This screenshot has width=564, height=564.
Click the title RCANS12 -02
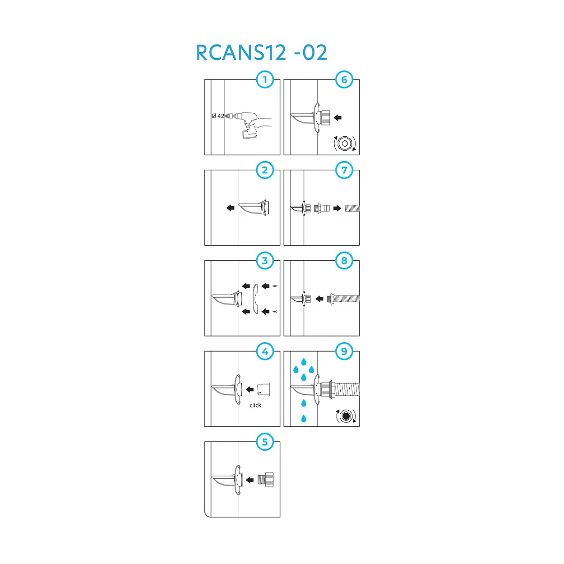[x=261, y=53]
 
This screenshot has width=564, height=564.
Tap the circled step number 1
[x=265, y=80]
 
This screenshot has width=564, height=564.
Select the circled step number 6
[x=344, y=80]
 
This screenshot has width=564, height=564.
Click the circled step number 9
[x=344, y=352]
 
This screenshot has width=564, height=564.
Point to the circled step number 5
[x=265, y=442]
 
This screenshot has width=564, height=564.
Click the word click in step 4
[x=255, y=405]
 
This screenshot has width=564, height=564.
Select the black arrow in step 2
[x=230, y=207]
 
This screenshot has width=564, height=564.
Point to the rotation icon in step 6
[x=345, y=144]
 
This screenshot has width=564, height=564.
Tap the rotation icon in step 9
[x=346, y=416]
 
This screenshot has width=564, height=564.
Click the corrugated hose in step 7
[x=352, y=208]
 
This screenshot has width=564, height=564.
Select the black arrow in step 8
[x=320, y=298]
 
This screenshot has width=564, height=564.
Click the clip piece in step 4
[x=265, y=389]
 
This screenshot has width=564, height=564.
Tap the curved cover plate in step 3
[x=255, y=298]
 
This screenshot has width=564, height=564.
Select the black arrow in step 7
[x=337, y=208]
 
